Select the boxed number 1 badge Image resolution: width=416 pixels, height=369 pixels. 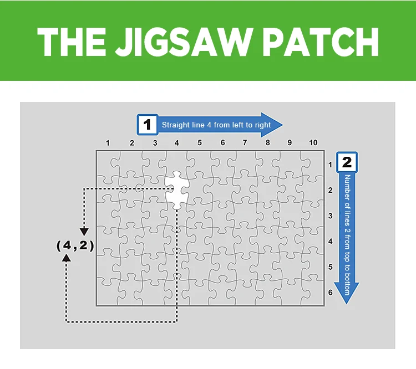147,125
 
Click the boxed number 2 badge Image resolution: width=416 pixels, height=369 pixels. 347,162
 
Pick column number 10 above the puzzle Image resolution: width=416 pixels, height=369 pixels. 313,143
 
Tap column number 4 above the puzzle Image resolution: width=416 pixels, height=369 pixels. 176,143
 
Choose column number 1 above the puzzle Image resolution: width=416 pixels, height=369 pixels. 109,143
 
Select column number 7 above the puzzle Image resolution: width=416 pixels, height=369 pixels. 245,143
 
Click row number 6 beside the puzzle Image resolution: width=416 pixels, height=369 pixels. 331,292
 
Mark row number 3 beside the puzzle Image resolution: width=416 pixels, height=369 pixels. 331,216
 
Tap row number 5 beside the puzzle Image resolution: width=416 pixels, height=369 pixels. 331,266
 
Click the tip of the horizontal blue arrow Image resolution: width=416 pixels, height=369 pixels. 282,125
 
